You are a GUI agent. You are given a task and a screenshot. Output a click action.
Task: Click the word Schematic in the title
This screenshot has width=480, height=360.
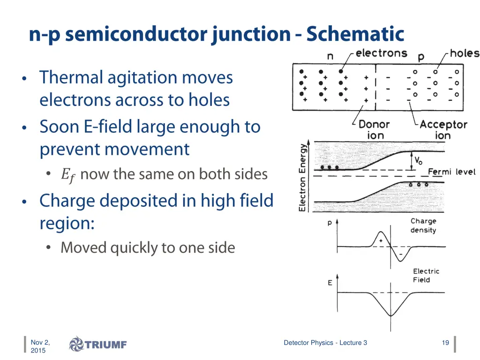coord(355,34)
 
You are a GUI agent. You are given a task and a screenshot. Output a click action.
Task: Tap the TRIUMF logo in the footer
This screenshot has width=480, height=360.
coord(98,345)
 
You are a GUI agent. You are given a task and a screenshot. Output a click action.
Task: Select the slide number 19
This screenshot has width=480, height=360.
coord(445,343)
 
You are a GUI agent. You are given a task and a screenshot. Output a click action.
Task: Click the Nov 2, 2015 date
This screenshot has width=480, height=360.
coord(40,346)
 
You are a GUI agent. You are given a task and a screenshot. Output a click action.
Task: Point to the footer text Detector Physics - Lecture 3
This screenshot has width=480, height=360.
coord(325,343)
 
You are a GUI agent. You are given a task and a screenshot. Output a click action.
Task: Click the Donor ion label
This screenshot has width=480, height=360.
coord(374,130)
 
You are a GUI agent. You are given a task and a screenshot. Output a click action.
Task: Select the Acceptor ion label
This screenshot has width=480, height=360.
coord(443,130)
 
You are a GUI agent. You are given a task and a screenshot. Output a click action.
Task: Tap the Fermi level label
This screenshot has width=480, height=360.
coord(451,172)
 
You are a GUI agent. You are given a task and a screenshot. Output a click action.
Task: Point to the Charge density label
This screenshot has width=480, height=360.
coord(423,225)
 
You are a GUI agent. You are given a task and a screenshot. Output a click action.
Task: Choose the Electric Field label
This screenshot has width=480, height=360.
coord(426,275)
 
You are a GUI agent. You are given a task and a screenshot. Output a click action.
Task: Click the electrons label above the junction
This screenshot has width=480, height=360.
coord(381,53)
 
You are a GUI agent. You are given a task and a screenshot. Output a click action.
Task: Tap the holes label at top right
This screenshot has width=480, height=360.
coord(465,53)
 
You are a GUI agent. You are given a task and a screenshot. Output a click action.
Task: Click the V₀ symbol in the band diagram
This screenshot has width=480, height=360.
coord(418,160)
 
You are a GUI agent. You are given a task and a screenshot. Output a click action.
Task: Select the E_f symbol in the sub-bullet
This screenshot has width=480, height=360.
coord(67,175)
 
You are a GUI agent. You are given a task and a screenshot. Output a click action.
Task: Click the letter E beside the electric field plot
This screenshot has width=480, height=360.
coord(330,283)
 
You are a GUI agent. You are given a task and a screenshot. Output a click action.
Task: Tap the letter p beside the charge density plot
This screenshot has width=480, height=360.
coord(330,224)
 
